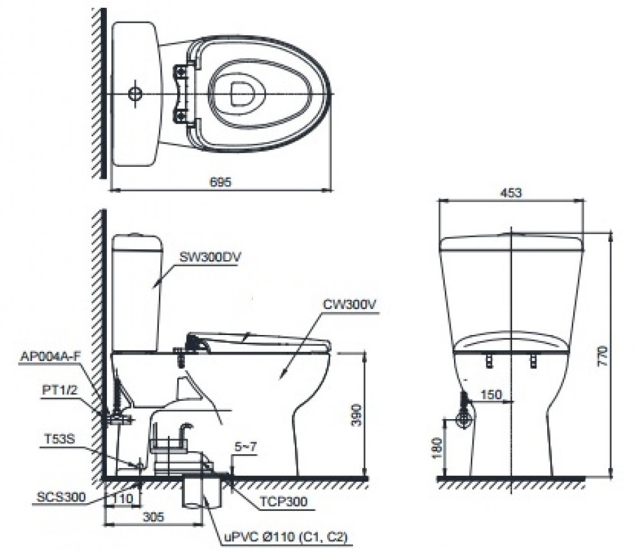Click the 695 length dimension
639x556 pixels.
(220, 183)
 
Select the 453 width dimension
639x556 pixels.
(511, 193)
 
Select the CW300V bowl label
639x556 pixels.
(349, 304)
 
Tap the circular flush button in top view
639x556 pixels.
(135, 94)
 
